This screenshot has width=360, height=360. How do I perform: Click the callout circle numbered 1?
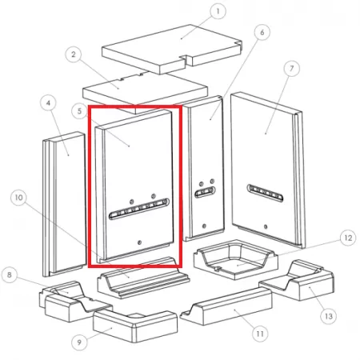click(218, 11)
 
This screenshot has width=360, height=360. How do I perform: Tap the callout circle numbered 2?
click(74, 54)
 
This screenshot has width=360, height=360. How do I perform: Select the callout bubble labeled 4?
click(48, 103)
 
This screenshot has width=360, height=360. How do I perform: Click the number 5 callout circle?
click(79, 111)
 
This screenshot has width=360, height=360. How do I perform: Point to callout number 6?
click(262, 32)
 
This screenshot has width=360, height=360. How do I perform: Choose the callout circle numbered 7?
click(291, 69)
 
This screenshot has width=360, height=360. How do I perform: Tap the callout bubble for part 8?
click(10, 274)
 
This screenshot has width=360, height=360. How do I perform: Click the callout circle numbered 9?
click(79, 342)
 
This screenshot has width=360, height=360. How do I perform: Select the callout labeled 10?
click(18, 198)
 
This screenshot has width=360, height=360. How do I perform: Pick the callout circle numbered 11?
click(260, 334)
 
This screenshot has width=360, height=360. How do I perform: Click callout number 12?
click(348, 238)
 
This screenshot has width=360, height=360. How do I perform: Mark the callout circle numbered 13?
click(329, 316)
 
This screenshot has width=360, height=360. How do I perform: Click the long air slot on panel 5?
click(139, 209)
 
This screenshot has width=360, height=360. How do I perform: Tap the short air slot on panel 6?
click(205, 192)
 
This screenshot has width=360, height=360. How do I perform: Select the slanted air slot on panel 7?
click(265, 193)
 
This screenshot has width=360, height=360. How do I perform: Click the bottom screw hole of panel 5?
click(139, 242)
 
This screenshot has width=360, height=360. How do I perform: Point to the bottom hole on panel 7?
click(266, 227)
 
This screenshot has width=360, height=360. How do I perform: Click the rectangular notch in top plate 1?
click(186, 60)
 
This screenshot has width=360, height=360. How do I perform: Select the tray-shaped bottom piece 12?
click(236, 259)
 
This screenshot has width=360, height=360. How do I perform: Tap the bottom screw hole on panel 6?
click(204, 226)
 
